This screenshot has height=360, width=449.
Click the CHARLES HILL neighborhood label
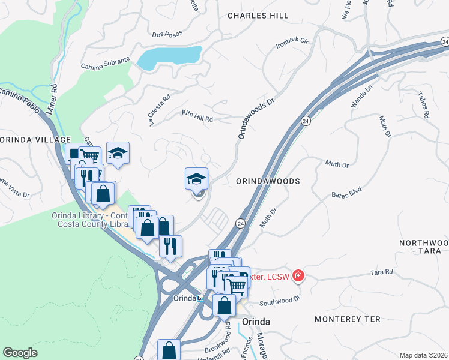tap(258, 16)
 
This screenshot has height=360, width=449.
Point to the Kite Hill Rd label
tap(197, 115)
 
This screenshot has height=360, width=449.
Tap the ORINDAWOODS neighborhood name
tap(267, 181)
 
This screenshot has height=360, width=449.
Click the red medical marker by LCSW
tap(298, 276)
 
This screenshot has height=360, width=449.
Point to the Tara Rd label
tap(381, 272)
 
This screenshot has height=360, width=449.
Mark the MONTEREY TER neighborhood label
tap(348, 319)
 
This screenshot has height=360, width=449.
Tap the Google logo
tap(20, 353)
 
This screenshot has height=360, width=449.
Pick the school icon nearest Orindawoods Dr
tap(196, 178)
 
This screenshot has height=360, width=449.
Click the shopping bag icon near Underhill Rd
tap(169, 350)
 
